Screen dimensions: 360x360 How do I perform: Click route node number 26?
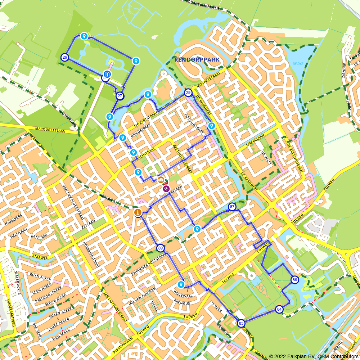coord(65,57)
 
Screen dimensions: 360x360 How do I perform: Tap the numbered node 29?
coord(188,93)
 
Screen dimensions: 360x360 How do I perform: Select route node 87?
coord(232,207)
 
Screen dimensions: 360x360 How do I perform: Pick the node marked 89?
coord(160,248)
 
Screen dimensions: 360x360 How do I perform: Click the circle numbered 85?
coord(241,323)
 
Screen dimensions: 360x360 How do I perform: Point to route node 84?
coord(279,309)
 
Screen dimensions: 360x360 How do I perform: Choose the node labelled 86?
coord(295,280)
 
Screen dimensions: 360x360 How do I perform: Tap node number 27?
coord(120,96)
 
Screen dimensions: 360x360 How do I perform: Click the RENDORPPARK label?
coord(197,60)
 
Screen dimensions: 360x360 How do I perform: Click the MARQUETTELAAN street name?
coord(50,130)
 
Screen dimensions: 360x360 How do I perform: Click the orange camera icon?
coord(161,180)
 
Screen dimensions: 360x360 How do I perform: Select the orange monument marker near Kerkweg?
coord(138,213)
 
